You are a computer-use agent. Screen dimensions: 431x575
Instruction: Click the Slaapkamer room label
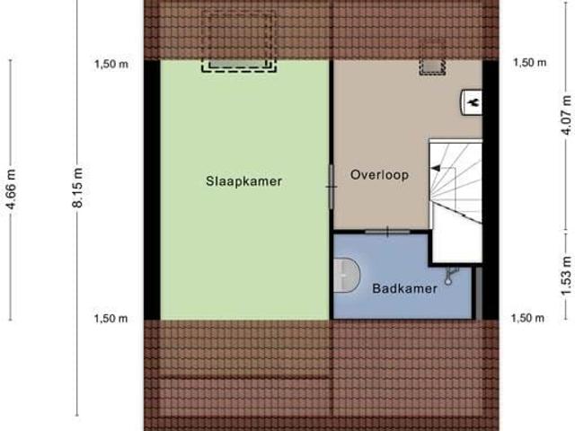point(243,180)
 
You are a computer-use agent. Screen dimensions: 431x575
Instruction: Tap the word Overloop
point(379,175)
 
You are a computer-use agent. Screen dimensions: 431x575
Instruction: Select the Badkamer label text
point(405,289)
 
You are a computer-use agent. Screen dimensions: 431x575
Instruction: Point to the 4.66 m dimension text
point(11,189)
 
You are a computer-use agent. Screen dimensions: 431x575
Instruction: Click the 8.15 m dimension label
point(79,189)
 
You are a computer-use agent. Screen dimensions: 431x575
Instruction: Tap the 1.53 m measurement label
point(565,267)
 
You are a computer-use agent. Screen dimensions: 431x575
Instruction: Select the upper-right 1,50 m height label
point(528,63)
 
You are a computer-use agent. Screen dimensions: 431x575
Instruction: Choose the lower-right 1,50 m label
point(528,318)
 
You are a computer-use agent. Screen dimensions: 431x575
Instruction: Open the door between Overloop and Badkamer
point(388,232)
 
